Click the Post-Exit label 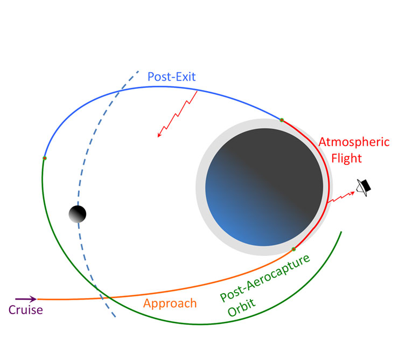(x=171, y=77)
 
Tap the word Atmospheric (x=354, y=142)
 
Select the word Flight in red (x=346, y=158)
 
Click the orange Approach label (x=170, y=304)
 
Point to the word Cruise (x=26, y=310)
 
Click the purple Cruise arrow (x=26, y=299)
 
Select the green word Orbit (x=241, y=308)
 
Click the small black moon (x=78, y=214)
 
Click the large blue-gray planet (x=264, y=187)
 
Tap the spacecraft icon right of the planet (x=364, y=187)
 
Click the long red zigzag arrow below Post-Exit (x=177, y=114)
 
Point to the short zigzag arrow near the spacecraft (x=341, y=197)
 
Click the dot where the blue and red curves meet (x=282, y=120)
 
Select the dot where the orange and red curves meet (x=293, y=250)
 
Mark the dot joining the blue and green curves (x=45, y=158)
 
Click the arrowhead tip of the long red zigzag (x=158, y=137)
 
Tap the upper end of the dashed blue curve (x=138, y=71)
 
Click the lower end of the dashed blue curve (x=115, y=317)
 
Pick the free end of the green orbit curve (x=341, y=232)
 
